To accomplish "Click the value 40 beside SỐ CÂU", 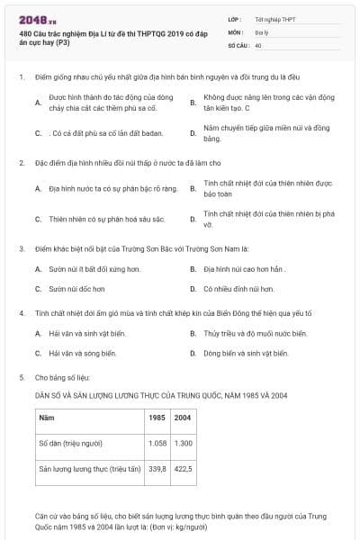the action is (258, 45).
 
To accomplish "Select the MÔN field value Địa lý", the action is (261, 31).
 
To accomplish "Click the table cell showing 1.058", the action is (157, 444).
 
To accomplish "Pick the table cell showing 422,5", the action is (183, 469).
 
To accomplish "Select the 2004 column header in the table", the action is (183, 418).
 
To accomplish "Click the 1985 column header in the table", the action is (157, 418).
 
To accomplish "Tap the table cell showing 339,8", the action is (157, 469).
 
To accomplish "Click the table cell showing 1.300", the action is (183, 444).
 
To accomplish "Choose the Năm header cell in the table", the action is (46, 418).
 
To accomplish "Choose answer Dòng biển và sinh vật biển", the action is (245, 354).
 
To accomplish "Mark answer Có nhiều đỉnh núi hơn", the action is (238, 289).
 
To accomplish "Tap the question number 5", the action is (22, 377).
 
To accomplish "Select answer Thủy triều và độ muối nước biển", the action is (255, 333).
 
